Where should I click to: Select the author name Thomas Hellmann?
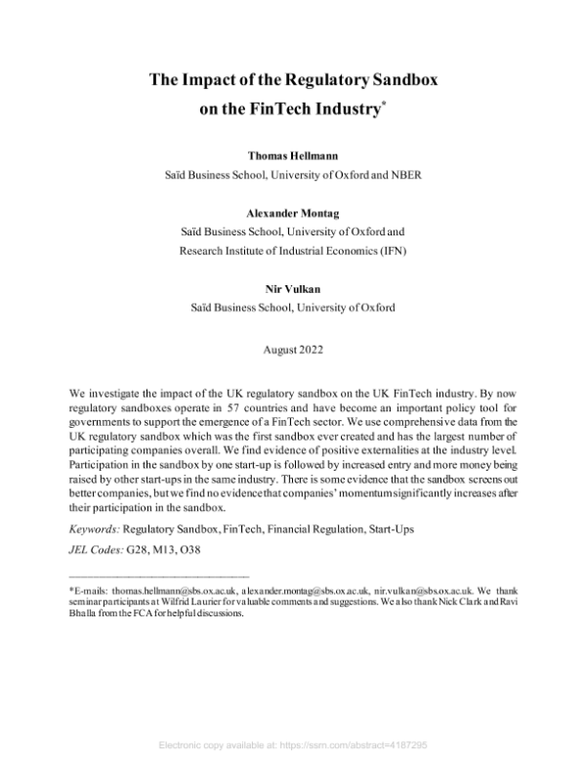[x=293, y=155]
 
